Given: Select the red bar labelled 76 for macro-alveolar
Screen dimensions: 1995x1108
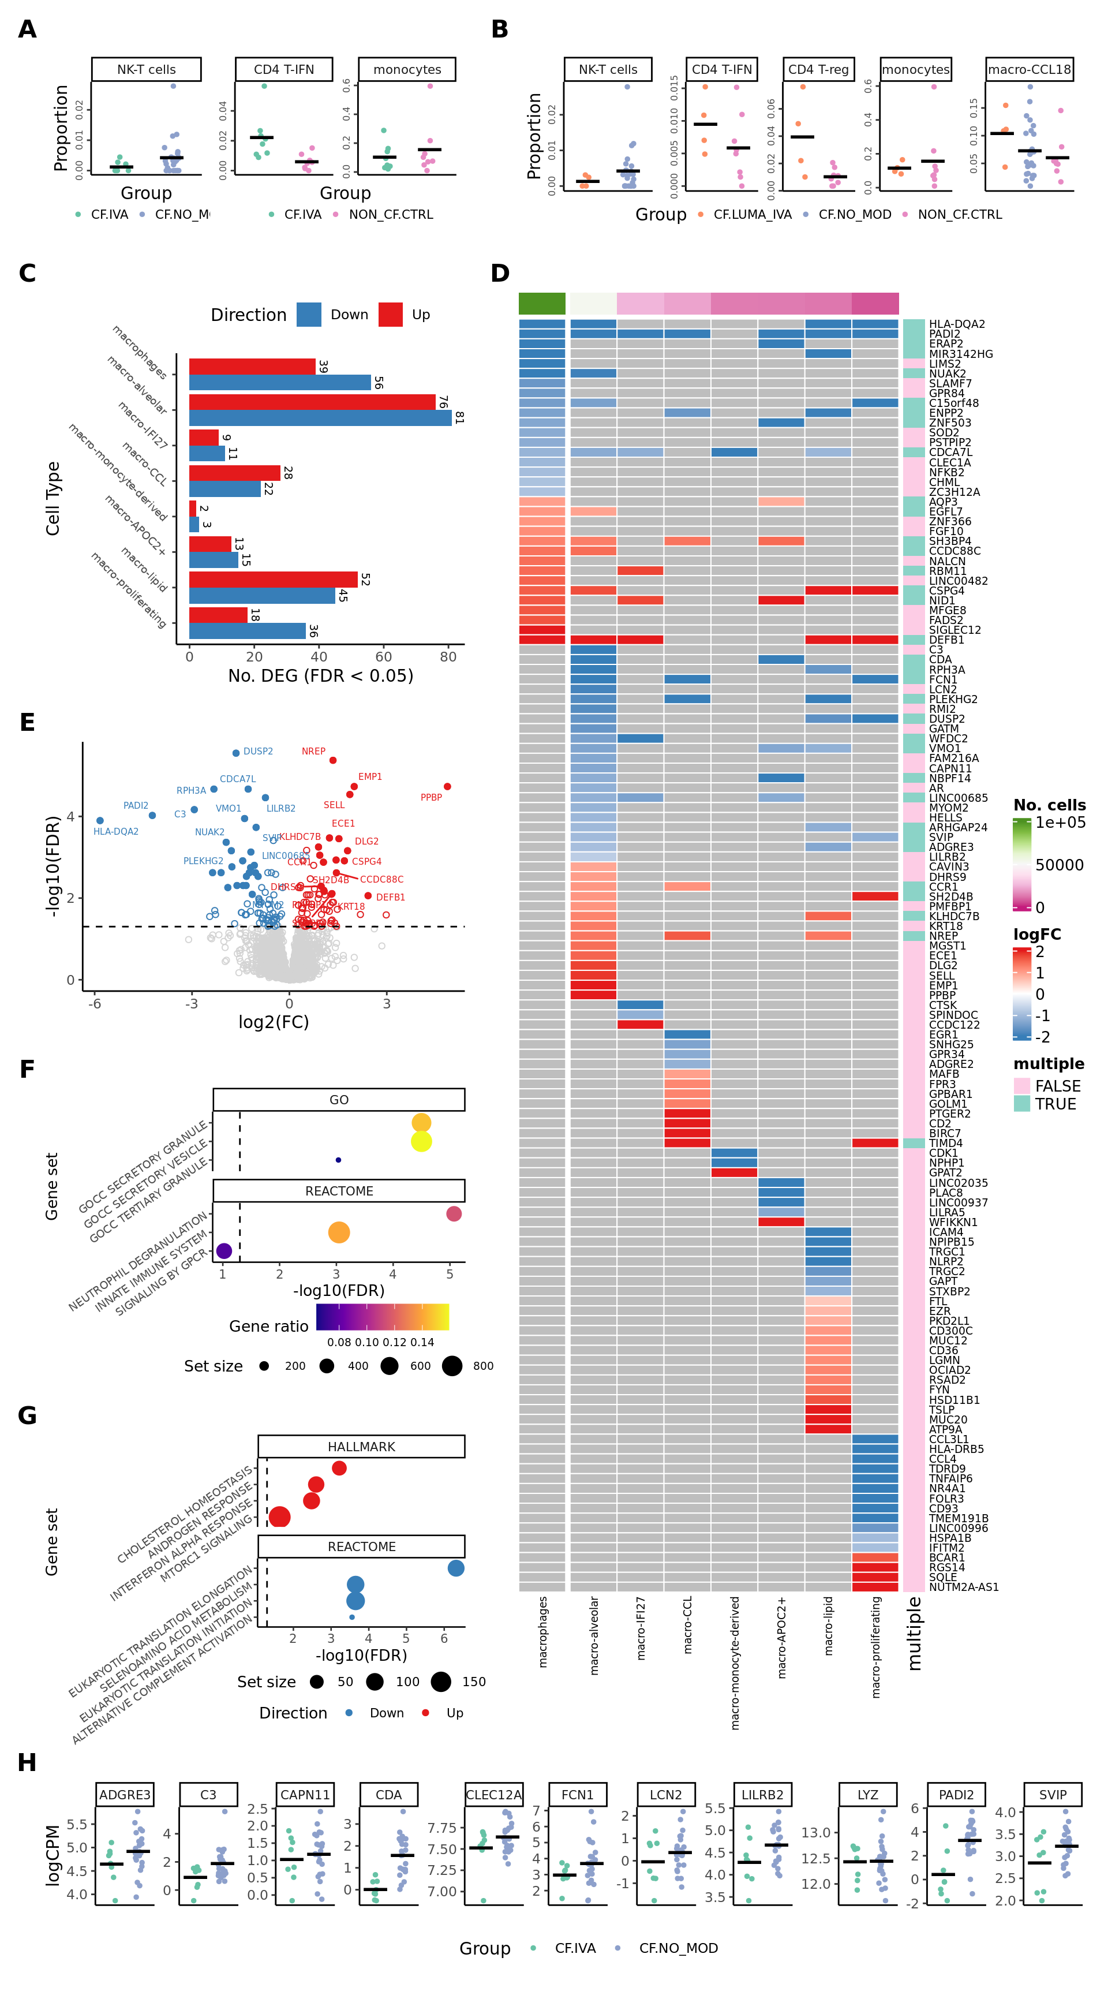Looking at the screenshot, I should [x=312, y=402].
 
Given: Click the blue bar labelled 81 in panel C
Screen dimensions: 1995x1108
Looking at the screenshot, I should [x=320, y=417].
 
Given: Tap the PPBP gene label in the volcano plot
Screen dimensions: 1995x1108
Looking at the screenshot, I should [x=431, y=797].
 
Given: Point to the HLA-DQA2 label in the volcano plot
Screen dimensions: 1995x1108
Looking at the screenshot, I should [x=115, y=831].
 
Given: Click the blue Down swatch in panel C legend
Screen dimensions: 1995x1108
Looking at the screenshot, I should [x=309, y=315].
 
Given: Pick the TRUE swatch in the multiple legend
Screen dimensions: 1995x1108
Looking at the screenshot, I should [x=1021, y=1104].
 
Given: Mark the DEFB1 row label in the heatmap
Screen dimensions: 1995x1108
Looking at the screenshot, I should [x=946, y=640].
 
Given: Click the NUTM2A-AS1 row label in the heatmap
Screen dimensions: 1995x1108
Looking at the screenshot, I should [x=963, y=1587].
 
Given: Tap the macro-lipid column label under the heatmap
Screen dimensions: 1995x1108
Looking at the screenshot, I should [x=829, y=1626].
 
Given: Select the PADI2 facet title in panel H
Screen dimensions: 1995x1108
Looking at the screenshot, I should [x=956, y=1795].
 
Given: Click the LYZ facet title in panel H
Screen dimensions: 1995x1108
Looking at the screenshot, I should [x=868, y=1795].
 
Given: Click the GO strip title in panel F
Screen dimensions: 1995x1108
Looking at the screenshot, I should [x=339, y=1100].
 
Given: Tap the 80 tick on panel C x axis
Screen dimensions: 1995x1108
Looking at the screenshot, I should [x=448, y=657].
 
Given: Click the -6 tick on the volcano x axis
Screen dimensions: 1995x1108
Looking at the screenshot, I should [x=95, y=1004].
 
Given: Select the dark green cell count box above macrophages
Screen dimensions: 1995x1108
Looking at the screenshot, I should [x=542, y=303].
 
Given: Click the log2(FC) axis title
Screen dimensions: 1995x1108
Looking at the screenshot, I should [x=274, y=1022].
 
